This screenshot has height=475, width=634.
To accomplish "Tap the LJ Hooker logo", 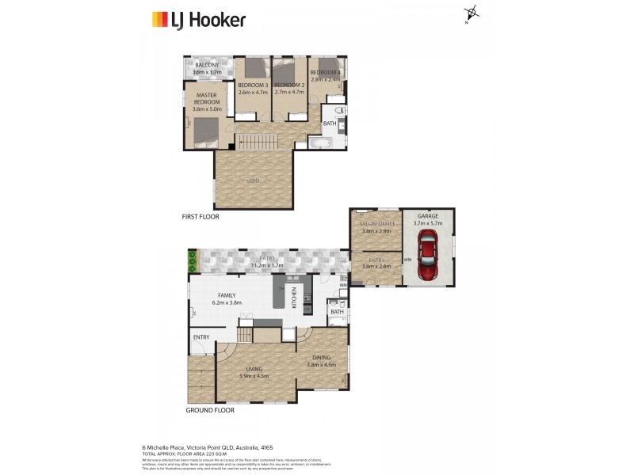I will (199, 20).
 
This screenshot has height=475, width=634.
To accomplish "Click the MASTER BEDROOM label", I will (208, 99).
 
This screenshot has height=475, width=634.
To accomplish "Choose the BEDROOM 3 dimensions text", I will (254, 92).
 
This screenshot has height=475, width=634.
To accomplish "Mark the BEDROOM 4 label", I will (325, 72).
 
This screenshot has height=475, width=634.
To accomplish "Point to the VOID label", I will (254, 181).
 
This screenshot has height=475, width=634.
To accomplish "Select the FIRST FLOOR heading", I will (201, 216).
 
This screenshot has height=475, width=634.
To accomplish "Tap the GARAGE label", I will (428, 215).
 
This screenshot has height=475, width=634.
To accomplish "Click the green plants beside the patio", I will (191, 260).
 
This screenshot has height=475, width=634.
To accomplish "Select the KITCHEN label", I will (294, 299).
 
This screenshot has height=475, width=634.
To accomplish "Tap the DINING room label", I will (322, 357).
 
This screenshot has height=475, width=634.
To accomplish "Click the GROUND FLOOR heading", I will (210, 410).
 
